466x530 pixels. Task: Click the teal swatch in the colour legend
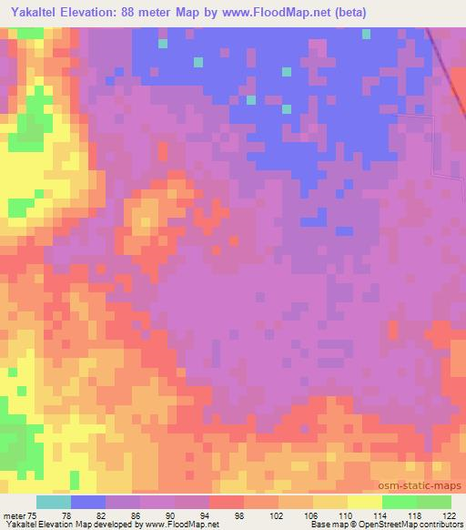click(x=54, y=502)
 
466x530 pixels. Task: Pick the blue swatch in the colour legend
click(x=88, y=502)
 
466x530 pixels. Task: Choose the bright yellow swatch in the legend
click(x=365, y=502)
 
